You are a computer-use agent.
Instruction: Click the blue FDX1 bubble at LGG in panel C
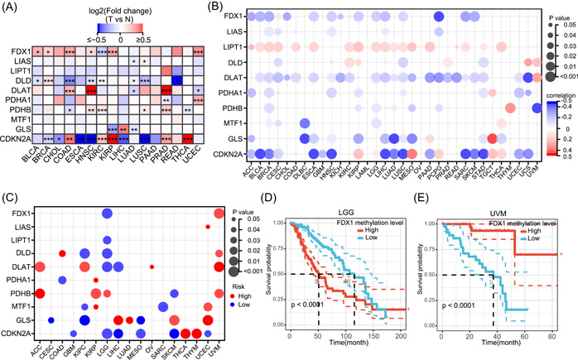click(108, 214)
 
